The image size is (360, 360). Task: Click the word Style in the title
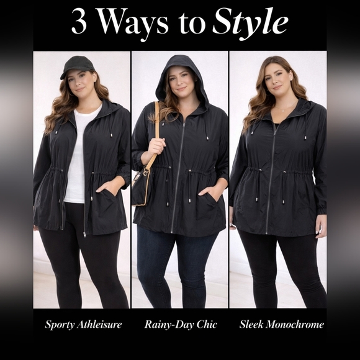(250, 22)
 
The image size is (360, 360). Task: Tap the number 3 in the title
(79, 22)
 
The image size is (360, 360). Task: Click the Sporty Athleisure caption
(83, 325)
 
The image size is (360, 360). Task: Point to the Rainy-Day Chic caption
(181, 325)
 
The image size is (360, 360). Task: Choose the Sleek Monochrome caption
(281, 325)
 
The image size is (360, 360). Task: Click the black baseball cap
(77, 66)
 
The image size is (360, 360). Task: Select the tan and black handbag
(142, 186)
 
